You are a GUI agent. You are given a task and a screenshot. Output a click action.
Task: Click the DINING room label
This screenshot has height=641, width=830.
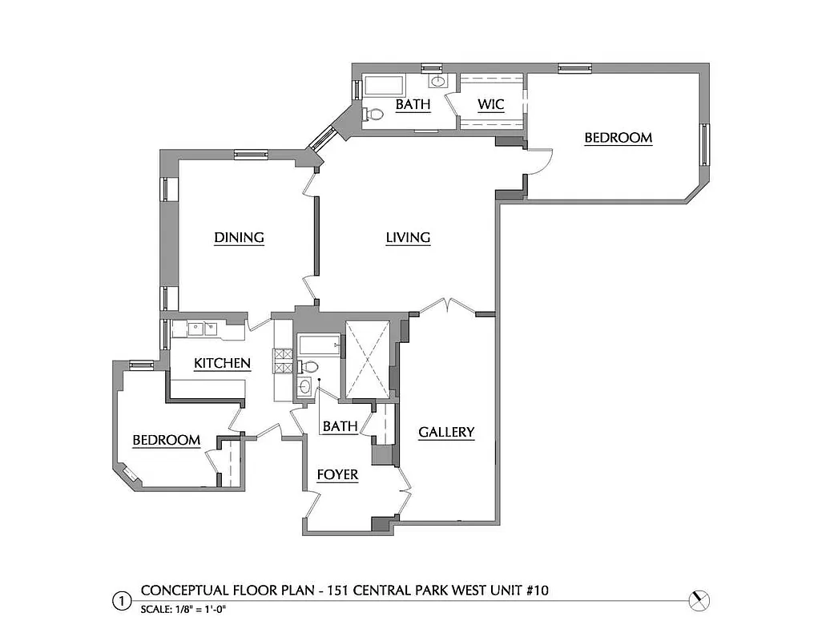point(239,237)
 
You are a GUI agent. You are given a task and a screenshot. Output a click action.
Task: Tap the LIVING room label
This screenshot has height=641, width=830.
point(408,237)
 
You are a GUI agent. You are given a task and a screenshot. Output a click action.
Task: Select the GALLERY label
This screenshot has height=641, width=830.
point(446,432)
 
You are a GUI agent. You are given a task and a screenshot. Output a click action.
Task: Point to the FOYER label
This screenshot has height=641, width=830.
point(336,474)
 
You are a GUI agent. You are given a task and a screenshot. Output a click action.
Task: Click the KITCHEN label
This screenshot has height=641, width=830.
point(222,363)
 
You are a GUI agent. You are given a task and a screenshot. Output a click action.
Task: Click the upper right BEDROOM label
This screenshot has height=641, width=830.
point(618,137)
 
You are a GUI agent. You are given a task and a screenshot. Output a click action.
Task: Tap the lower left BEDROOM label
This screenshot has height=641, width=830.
point(166,440)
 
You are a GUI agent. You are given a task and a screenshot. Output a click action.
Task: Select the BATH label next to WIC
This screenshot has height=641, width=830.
point(413,104)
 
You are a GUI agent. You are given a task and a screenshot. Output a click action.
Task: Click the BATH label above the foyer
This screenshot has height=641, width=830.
point(340,426)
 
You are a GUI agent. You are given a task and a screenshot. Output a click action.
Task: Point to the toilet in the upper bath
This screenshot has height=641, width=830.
point(373,115)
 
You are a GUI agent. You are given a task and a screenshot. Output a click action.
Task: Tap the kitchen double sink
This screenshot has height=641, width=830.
point(203,327)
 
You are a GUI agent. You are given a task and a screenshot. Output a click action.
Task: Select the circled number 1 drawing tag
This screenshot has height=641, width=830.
point(121,600)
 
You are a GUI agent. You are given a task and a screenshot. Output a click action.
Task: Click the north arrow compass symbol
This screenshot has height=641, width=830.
point(700,599)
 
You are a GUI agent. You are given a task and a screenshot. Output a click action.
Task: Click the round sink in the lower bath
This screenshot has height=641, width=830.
point(304,387)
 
